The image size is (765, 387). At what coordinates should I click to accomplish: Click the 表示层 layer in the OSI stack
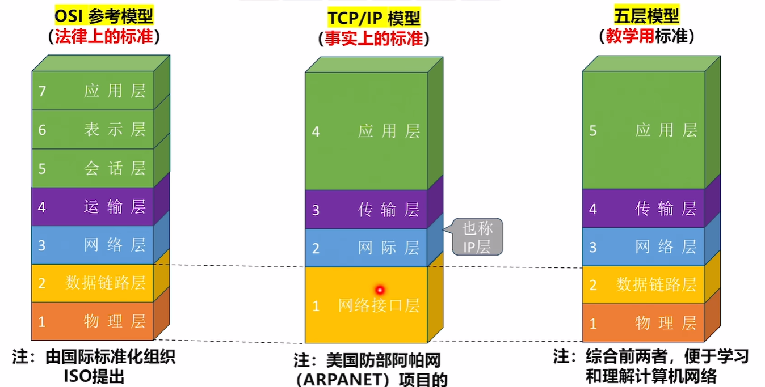[x=93, y=130]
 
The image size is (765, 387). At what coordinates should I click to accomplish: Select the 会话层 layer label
[x=115, y=168]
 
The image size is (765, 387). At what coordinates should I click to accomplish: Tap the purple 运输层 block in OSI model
[x=93, y=207]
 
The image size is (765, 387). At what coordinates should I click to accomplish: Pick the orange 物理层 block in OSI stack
[x=93, y=322]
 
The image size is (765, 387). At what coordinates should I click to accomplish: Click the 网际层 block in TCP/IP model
[x=366, y=248]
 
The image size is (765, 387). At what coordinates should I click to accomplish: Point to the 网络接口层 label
[x=379, y=306]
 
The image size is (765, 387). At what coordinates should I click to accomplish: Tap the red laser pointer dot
[x=380, y=290]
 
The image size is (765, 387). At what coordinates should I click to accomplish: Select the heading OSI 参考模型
[x=104, y=16]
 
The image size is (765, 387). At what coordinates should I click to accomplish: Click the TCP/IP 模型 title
[x=374, y=18]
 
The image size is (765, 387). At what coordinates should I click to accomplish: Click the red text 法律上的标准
[x=104, y=37]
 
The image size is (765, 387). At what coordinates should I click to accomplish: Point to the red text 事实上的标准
[x=374, y=39]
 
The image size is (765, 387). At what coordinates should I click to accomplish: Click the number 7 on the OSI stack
[x=41, y=91]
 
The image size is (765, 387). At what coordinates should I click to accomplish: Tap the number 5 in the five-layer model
[x=593, y=131]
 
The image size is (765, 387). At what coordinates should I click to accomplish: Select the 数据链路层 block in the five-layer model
[x=644, y=284]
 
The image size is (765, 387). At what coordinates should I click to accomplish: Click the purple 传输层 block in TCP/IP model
[x=366, y=210]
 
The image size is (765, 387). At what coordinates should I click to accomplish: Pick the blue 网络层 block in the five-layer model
[x=644, y=247]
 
